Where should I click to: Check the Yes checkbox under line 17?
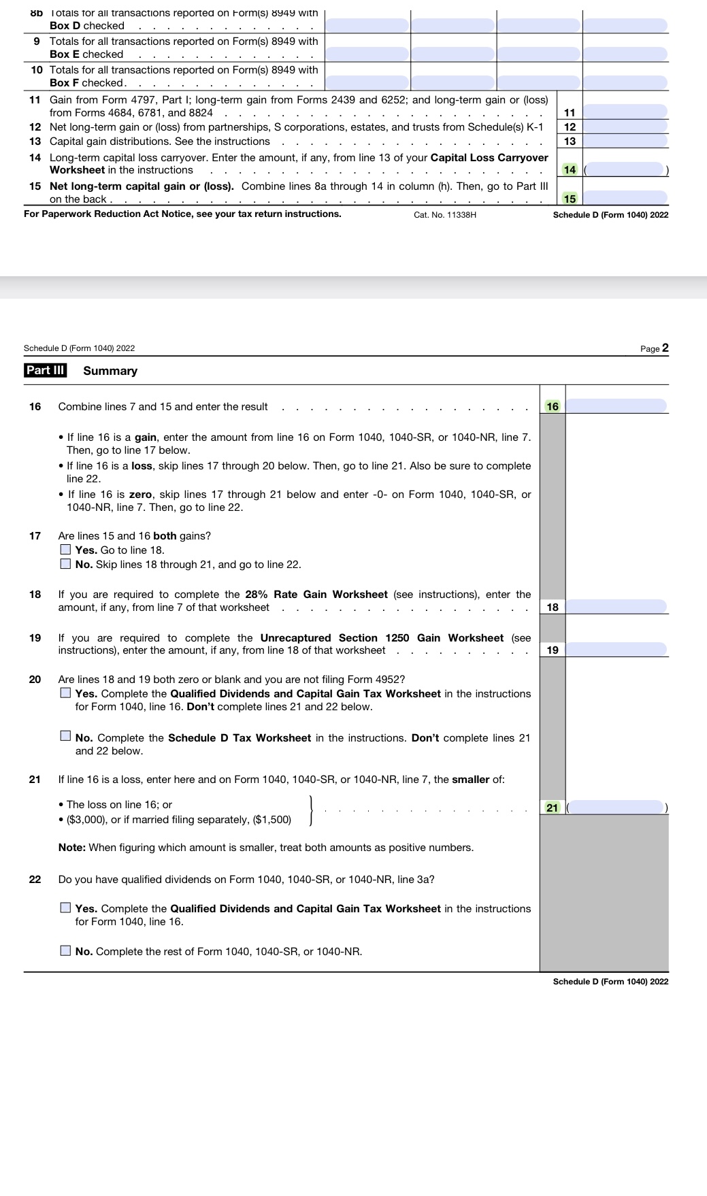65,549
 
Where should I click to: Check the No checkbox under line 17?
65,563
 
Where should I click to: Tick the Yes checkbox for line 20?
65,693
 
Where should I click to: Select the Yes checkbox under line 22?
65,907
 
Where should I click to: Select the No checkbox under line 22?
65,950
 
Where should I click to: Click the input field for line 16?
616,406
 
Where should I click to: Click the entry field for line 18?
616,606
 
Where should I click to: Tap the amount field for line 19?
616,650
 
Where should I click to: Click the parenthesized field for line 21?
616,808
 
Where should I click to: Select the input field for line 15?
625,198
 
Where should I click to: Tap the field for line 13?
625,141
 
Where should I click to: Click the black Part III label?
45,370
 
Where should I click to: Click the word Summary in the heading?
110,371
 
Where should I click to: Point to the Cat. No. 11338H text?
445,215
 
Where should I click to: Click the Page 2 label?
654,348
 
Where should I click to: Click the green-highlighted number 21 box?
552,808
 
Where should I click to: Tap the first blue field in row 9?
367,53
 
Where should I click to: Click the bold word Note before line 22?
71,848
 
